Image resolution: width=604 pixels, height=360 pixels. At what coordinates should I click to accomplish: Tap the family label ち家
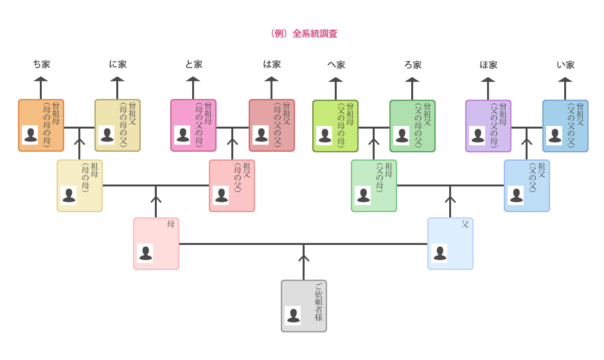point(42,65)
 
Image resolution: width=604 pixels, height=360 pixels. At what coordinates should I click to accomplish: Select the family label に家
point(118,65)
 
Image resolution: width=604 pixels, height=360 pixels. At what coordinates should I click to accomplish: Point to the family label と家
point(193,65)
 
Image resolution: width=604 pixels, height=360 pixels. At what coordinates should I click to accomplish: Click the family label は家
point(272,65)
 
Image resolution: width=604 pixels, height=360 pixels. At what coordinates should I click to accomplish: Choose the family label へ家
point(336,65)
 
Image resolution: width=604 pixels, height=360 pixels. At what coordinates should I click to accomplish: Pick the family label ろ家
point(413,65)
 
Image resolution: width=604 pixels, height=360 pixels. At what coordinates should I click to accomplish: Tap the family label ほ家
point(488,65)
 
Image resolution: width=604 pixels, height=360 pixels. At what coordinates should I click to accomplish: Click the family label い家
point(565,65)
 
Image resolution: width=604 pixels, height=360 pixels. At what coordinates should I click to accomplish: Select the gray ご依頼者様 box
point(303,306)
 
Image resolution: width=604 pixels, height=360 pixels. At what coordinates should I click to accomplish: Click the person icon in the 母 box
point(146,253)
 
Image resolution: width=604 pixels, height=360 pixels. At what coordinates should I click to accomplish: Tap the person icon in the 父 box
point(440,253)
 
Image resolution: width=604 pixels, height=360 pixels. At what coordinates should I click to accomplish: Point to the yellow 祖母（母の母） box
point(79,186)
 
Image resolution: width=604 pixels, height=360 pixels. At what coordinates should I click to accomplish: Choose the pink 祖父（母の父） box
point(232,186)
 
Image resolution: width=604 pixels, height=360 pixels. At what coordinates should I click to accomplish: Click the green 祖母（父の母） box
point(374,186)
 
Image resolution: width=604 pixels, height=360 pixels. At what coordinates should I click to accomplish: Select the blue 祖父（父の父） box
point(527,186)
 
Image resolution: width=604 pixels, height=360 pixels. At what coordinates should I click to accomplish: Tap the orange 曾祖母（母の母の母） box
point(41,125)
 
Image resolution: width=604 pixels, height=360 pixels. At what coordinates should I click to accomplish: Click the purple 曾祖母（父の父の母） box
point(488,125)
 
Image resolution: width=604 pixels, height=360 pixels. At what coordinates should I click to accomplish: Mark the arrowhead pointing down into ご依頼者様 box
point(304,258)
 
